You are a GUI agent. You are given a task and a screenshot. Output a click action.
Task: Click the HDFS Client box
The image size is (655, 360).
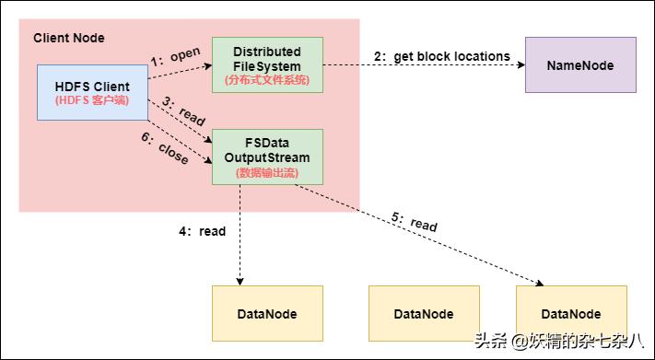coord(92,92)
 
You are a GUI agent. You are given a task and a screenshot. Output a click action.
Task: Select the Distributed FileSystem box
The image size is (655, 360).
coord(267,64)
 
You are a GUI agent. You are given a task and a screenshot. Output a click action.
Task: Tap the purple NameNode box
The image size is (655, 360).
coord(580,65)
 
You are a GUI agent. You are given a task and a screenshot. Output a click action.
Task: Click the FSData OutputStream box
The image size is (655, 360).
coord(267,157)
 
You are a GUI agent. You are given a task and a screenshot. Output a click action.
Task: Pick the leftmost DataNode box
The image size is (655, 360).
coord(267,313)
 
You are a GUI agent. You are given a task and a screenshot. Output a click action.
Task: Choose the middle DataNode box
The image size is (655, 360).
coord(424,313)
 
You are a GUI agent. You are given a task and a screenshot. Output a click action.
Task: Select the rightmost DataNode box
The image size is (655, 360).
coord(571,313)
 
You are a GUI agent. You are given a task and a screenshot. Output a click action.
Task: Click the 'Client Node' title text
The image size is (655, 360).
coord(69,38)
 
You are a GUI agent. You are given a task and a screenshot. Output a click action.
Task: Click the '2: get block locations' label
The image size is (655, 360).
coord(441,56)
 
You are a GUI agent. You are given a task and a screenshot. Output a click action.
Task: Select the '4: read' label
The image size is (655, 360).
coord(202,231)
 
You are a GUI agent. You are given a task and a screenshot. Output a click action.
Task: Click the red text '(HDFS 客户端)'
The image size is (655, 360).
coord(92,100)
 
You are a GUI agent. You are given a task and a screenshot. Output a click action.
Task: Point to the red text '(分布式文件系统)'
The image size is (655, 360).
coord(267,80)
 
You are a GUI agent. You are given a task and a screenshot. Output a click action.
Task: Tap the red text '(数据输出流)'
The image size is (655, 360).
coord(267,172)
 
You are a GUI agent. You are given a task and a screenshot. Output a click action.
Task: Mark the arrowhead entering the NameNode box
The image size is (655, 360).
coord(520,65)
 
